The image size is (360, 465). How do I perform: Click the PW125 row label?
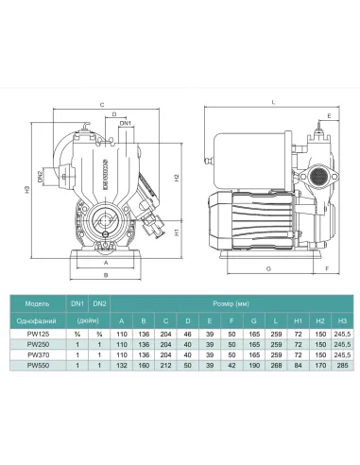click(34, 335)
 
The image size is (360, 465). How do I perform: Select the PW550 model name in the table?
click(34, 366)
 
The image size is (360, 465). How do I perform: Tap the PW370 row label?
click(34, 355)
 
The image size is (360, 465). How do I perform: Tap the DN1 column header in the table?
click(79, 302)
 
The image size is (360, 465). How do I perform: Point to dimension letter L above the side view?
click(272, 101)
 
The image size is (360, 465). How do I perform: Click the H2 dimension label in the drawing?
click(176, 179)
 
